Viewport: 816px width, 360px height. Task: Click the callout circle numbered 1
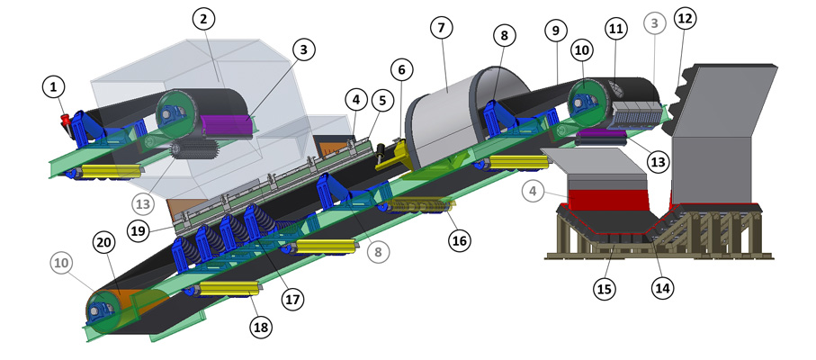tap(53, 88)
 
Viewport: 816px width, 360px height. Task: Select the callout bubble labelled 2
tap(203, 20)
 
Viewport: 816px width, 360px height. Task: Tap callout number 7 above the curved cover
tap(442, 28)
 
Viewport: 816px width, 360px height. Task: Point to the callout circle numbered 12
tap(685, 19)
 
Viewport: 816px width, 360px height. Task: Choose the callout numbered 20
tap(103, 243)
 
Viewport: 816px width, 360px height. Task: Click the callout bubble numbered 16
tap(460, 240)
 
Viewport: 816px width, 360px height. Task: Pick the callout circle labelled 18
tap(261, 327)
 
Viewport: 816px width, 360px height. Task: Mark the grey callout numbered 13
tap(143, 204)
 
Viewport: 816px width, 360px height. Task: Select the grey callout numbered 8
tap(379, 252)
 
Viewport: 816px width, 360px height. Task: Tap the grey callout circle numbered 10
tap(61, 263)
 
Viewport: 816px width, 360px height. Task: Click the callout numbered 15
tap(606, 289)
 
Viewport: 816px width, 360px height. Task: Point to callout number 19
tap(138, 231)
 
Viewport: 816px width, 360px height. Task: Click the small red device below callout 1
tap(67, 124)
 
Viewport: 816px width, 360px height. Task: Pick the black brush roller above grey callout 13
tap(193, 150)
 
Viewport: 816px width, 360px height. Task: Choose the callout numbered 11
tap(615, 30)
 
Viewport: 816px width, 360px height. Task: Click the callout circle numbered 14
tap(662, 287)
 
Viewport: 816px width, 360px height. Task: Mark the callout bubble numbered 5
tap(382, 101)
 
